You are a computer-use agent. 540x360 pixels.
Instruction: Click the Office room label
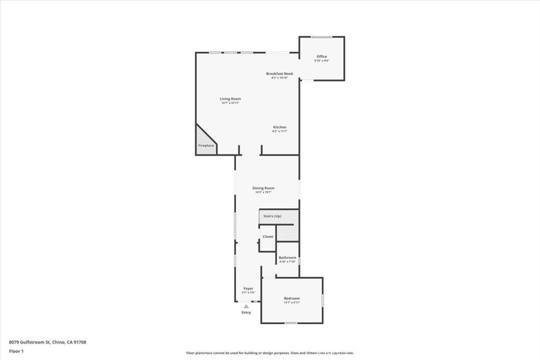322,56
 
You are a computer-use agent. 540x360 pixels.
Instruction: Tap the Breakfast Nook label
279,74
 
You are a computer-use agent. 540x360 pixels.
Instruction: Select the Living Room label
230,99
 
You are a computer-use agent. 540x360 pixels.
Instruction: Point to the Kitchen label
279,128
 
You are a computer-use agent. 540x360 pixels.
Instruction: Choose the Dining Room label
263,188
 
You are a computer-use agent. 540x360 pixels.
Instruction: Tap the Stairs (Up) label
273,217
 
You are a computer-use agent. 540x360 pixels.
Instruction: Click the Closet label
268,237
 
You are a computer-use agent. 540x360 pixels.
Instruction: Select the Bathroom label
287,258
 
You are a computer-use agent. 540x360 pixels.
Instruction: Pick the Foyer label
248,288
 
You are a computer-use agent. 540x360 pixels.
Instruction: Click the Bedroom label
292,298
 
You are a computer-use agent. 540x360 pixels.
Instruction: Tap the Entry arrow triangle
246,306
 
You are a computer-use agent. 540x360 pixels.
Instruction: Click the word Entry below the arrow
246,313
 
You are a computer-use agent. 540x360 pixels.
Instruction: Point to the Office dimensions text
322,61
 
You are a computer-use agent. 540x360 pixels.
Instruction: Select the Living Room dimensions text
230,103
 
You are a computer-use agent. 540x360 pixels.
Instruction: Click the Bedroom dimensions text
292,303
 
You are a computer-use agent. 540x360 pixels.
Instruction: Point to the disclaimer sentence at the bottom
269,353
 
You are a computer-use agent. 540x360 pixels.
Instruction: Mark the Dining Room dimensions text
263,192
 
